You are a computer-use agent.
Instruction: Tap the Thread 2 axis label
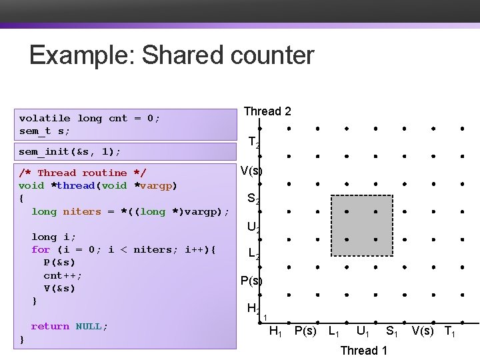coord(267,111)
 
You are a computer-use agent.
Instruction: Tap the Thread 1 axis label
coord(363,350)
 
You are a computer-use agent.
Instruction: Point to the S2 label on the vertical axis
coord(253,199)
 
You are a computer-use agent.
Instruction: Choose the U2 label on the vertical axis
coord(253,227)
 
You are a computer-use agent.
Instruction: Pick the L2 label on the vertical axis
coord(253,254)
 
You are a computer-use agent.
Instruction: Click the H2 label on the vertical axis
coord(253,309)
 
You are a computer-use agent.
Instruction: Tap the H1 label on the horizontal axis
coord(275,331)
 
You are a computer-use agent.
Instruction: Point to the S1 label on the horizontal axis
coord(393,331)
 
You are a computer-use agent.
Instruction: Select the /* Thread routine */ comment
coord(83,173)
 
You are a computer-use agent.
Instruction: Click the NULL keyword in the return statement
coord(89,326)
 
